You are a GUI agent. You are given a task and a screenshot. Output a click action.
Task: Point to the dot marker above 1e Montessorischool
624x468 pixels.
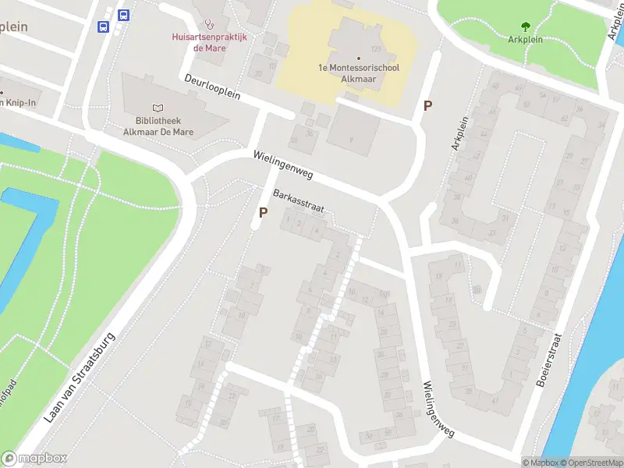coord(359,58)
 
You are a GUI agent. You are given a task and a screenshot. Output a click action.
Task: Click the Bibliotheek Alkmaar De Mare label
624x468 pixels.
coord(158,126)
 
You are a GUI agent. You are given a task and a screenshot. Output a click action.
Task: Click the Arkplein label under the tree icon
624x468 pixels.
coord(525,38)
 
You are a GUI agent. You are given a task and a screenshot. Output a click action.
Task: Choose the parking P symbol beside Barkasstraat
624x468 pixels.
coord(263,211)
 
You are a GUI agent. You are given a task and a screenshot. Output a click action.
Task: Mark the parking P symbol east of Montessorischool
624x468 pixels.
coord(427,105)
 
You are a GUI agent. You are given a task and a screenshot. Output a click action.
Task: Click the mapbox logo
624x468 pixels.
coord(34,459)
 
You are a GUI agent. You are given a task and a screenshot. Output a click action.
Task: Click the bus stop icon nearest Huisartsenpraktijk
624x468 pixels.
coord(123,15)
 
